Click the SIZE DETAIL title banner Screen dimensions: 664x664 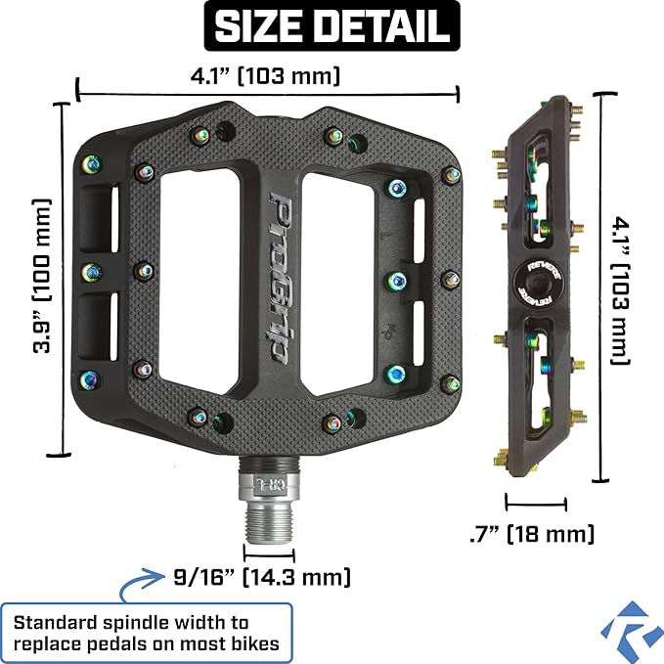[332, 26]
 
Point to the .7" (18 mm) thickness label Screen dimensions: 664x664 [531, 534]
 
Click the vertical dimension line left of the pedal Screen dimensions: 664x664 [66, 279]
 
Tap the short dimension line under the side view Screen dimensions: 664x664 [536, 506]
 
